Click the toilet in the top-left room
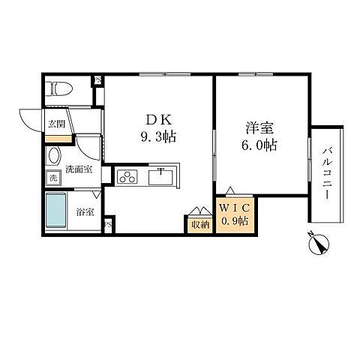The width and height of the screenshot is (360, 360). (x=58, y=88)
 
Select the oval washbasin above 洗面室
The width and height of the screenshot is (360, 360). (x=54, y=157)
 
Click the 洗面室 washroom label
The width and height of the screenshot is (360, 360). (x=77, y=169)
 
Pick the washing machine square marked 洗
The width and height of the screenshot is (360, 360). (x=52, y=178)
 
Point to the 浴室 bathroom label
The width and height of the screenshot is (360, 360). (x=85, y=212)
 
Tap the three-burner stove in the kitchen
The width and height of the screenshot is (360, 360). (x=127, y=178)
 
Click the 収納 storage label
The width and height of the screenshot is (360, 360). (x=199, y=223)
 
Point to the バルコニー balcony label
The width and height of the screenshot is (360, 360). (x=327, y=172)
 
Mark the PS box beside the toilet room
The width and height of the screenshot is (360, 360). (x=97, y=81)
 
